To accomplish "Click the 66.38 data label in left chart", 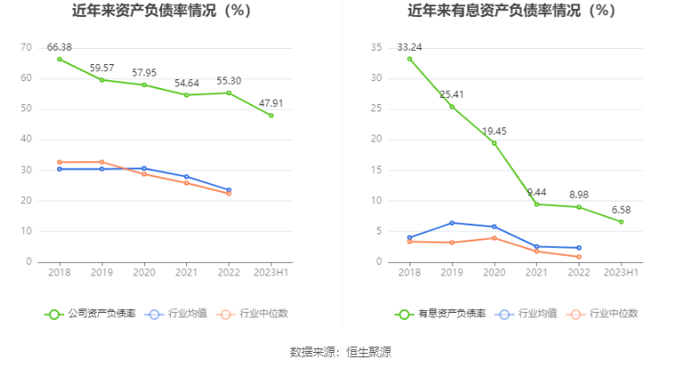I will click(x=60, y=46).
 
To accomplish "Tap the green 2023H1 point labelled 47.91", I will click(x=272, y=116).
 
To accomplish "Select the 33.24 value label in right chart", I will click(x=409, y=46).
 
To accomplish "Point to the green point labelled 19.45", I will click(x=494, y=143).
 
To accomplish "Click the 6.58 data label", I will click(x=621, y=209).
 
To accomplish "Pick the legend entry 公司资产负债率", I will click(x=91, y=314).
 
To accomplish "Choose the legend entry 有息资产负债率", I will click(x=441, y=314).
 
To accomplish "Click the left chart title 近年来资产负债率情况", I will click(x=160, y=11).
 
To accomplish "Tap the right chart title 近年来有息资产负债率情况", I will click(x=511, y=11).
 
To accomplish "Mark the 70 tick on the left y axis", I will click(x=26, y=47).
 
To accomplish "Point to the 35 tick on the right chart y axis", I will click(x=377, y=47).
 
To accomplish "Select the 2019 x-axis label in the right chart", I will click(x=451, y=273).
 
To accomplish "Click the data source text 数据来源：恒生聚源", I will click(x=340, y=351).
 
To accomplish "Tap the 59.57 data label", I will click(x=102, y=67).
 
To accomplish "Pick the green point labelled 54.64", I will click(x=187, y=94).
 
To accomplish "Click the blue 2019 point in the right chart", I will click(x=451, y=223).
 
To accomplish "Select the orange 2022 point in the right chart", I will click(x=579, y=257).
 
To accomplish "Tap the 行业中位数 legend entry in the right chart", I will click(x=604, y=314).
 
